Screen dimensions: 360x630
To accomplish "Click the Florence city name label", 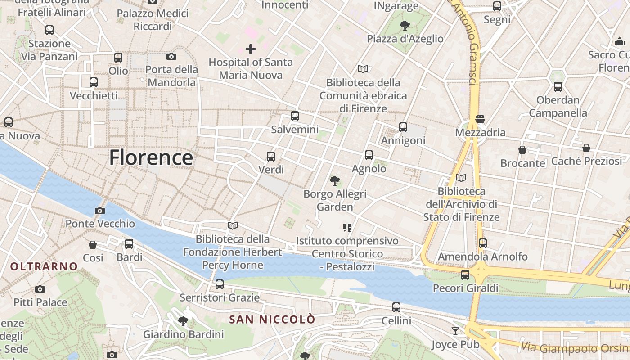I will pyautogui.click(x=151, y=158).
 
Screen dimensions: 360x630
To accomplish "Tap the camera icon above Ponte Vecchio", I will pyautogui.click(x=100, y=211).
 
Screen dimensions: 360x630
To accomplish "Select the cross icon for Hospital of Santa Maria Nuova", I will pyautogui.click(x=251, y=49).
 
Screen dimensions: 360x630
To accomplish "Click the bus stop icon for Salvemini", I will pyautogui.click(x=295, y=116).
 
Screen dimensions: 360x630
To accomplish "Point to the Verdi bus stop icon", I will pyautogui.click(x=271, y=157).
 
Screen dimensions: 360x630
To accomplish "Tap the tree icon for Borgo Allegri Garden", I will pyautogui.click(x=334, y=181).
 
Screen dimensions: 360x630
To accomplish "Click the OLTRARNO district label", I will pyautogui.click(x=44, y=266).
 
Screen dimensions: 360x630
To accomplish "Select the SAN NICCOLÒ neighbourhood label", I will pyautogui.click(x=272, y=319).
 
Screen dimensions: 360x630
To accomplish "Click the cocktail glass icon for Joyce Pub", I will pyautogui.click(x=455, y=331).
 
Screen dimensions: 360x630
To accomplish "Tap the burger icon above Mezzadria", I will pyautogui.click(x=480, y=119).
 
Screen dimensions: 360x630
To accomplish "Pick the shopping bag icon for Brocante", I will pyautogui.click(x=522, y=150).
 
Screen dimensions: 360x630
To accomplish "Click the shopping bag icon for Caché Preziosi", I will pyautogui.click(x=586, y=148).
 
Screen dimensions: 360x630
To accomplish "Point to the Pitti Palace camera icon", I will pyautogui.click(x=40, y=289).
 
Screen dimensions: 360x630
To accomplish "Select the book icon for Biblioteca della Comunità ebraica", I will pyautogui.click(x=363, y=69).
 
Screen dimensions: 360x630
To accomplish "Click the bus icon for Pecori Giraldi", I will pyautogui.click(x=465, y=274).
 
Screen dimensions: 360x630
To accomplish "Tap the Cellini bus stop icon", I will pyautogui.click(x=396, y=307).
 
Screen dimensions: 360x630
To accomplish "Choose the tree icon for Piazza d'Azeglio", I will pyautogui.click(x=405, y=25).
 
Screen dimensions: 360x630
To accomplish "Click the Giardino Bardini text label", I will pyautogui.click(x=183, y=334).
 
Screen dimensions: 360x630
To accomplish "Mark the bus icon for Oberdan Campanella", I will pyautogui.click(x=558, y=87).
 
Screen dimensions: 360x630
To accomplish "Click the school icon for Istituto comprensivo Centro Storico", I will pyautogui.click(x=347, y=228).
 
